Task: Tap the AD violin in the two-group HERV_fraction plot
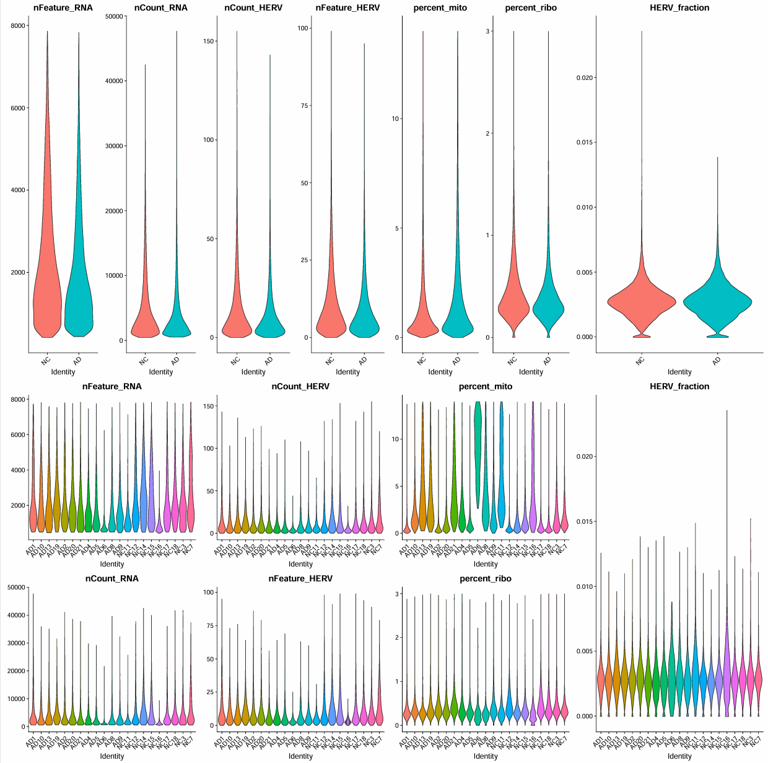coord(717,304)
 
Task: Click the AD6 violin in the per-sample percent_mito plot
coord(478,446)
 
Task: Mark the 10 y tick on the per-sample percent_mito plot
coord(396,439)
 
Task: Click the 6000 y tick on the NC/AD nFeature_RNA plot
coord(18,108)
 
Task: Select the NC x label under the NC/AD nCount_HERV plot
coord(235,360)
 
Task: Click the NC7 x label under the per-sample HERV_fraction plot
coord(756,739)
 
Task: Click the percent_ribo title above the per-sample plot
coord(486,578)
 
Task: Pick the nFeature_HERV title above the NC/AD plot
coord(347,7)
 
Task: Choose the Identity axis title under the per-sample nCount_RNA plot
coord(112,756)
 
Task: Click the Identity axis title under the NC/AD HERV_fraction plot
coord(679,372)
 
